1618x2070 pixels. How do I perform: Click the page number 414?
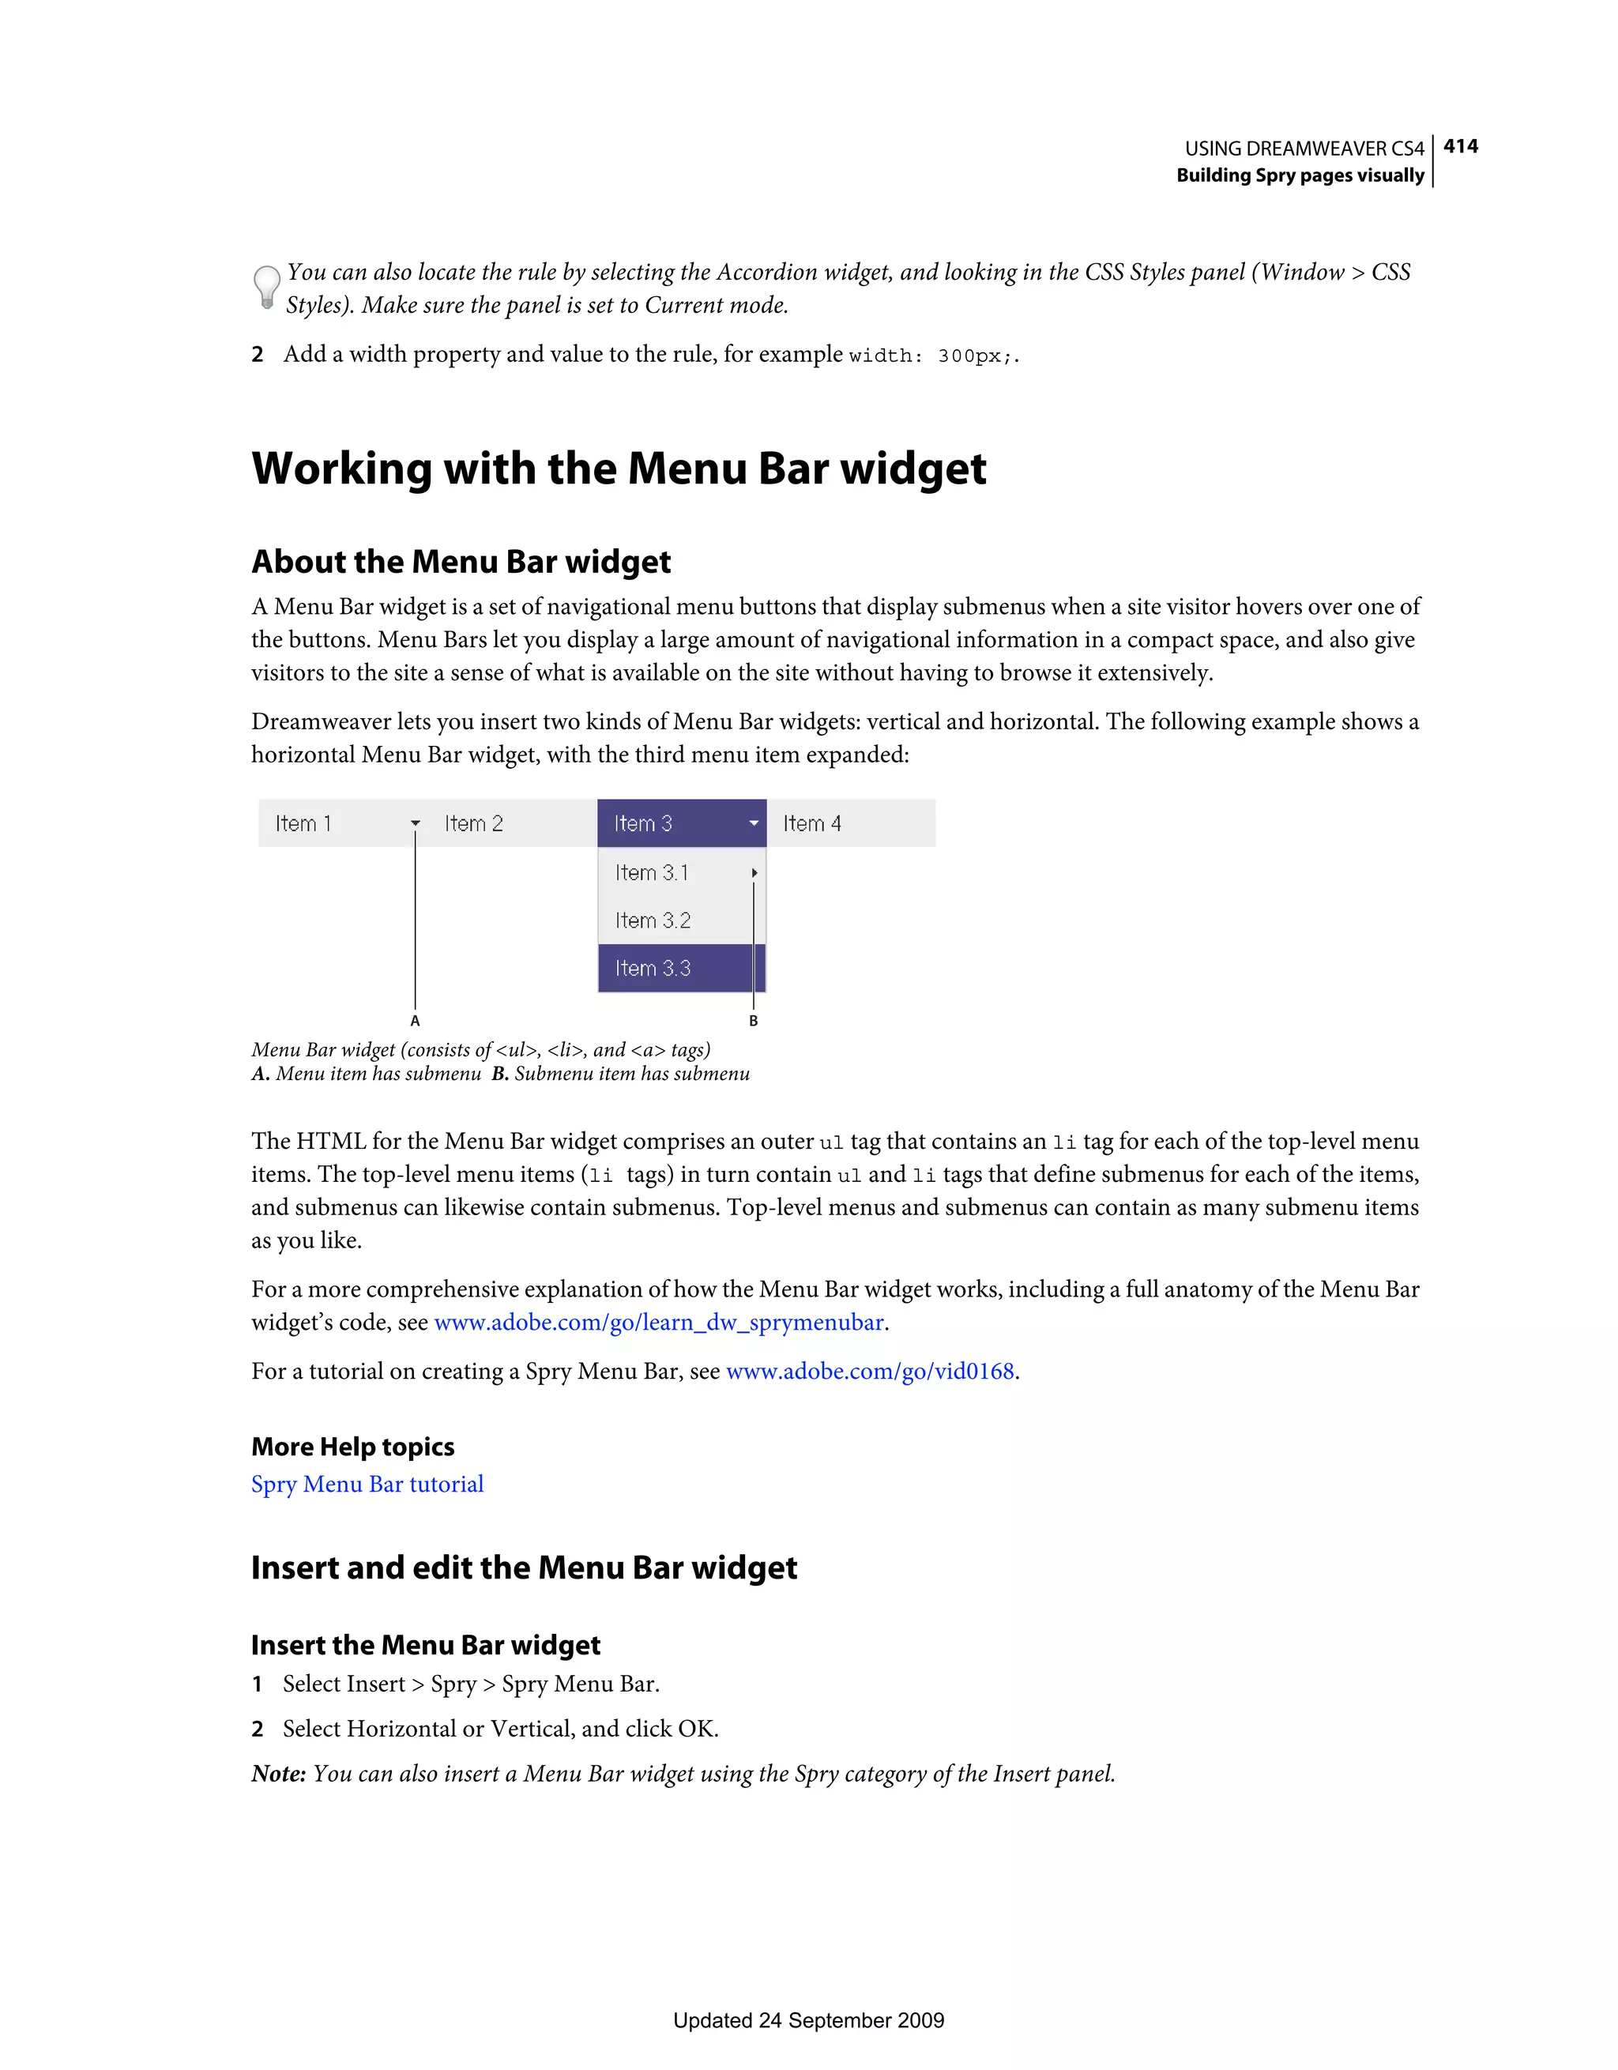pyautogui.click(x=1460, y=146)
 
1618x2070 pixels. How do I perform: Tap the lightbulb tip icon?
pyautogui.click(x=266, y=286)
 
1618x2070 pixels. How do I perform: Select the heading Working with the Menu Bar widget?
pyautogui.click(x=618, y=469)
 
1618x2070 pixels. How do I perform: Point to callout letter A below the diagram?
pyautogui.click(x=415, y=1021)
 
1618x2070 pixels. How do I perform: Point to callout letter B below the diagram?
pyautogui.click(x=754, y=1021)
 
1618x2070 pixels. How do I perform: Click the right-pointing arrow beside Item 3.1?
pyautogui.click(x=754, y=873)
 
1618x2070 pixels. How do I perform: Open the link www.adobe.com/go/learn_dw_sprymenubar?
pyautogui.click(x=659, y=1322)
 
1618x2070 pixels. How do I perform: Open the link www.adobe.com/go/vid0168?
pyautogui.click(x=870, y=1372)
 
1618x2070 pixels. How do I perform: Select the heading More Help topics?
pyautogui.click(x=352, y=1447)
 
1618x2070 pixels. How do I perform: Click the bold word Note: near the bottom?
pyautogui.click(x=279, y=1774)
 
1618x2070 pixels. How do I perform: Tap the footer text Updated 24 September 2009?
pyautogui.click(x=808, y=2019)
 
